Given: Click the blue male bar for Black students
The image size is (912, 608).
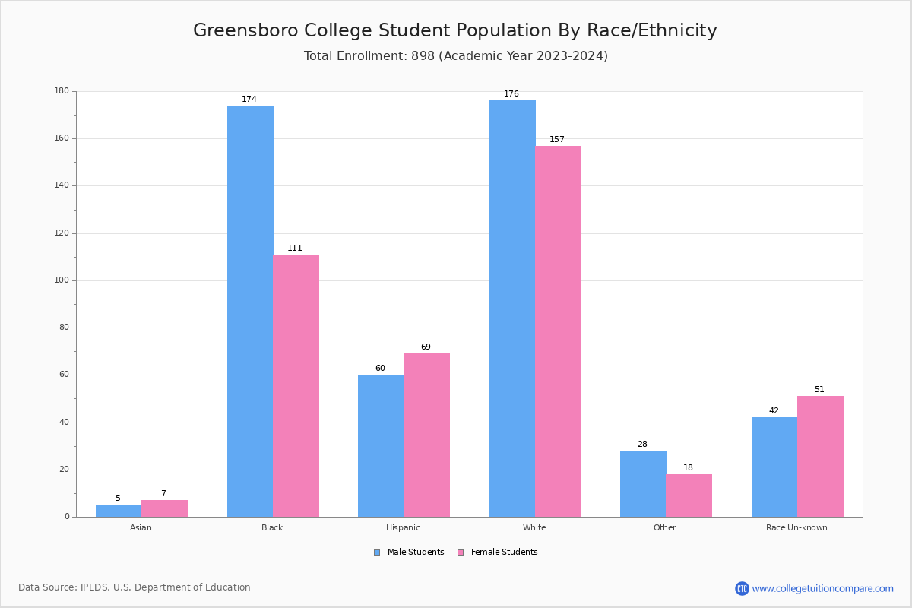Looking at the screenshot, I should (250, 311).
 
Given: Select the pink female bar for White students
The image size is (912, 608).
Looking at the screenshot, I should (558, 331).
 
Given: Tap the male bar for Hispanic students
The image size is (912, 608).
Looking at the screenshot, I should (381, 445).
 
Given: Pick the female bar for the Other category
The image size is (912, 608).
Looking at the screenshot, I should (689, 496).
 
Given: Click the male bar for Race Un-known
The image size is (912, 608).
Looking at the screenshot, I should (774, 467).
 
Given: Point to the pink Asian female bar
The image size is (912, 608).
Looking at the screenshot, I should (164, 508).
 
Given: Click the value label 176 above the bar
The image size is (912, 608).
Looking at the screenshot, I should (511, 94).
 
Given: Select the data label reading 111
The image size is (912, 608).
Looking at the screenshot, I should (295, 249).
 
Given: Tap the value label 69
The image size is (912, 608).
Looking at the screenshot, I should (426, 347).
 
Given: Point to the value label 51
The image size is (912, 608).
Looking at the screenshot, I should (819, 390).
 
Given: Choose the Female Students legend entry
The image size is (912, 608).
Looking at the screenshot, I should (498, 553).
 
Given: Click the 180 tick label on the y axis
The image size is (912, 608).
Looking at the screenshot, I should (62, 91).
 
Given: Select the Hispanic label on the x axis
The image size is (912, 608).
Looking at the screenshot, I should (403, 527).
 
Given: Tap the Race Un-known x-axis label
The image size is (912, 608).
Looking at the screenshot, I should (796, 527).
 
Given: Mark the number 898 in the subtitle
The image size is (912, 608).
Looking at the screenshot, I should (423, 56).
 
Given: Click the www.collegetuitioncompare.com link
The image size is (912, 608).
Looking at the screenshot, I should (822, 588).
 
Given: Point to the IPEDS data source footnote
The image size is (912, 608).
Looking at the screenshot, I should (135, 587).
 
